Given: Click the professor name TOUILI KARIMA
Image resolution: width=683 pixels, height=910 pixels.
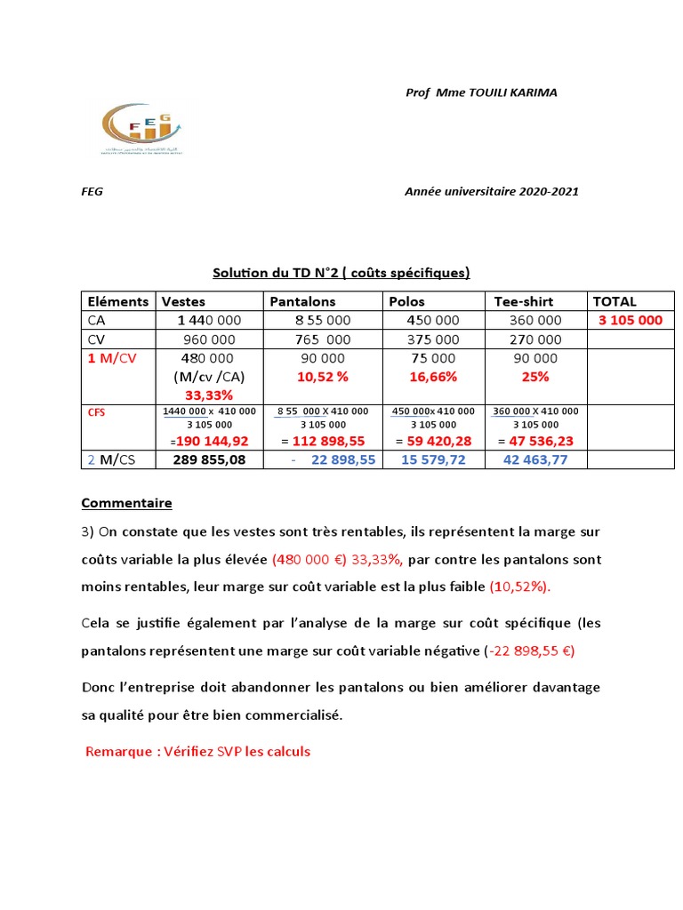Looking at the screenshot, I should (511, 92).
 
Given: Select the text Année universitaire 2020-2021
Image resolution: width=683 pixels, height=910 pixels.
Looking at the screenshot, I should (492, 192).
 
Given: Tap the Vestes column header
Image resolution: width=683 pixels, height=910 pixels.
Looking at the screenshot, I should (182, 301).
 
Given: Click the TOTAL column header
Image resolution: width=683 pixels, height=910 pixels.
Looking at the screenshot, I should (615, 301).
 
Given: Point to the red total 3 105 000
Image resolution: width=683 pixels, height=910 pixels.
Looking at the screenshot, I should (631, 320).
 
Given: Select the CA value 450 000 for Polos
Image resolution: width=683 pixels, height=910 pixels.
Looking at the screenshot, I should (433, 320).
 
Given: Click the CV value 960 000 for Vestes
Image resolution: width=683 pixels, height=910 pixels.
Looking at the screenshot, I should (209, 339).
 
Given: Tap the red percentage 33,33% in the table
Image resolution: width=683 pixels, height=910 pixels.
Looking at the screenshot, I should (209, 394).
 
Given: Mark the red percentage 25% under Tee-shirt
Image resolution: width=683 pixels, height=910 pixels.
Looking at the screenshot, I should (536, 377).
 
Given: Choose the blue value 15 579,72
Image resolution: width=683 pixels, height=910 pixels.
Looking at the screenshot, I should (433, 459).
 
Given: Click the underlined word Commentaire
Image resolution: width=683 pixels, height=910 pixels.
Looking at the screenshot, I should (126, 503).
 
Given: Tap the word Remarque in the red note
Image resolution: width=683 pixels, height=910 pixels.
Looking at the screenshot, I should (119, 751).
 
